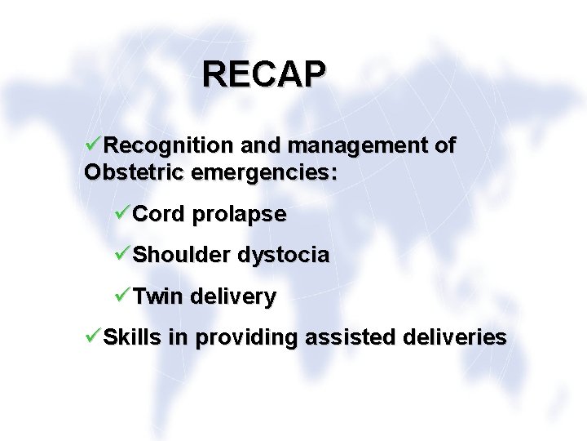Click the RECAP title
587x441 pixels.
[264, 73]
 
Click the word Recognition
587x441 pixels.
[168, 146]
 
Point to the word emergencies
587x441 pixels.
[264, 174]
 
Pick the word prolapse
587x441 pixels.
[239, 215]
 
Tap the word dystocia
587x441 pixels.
[284, 256]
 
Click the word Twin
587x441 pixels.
[158, 296]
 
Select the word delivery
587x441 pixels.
[233, 296]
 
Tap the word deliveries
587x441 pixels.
[453, 336]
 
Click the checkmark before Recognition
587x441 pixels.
[93, 145]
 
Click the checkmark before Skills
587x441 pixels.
[93, 336]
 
